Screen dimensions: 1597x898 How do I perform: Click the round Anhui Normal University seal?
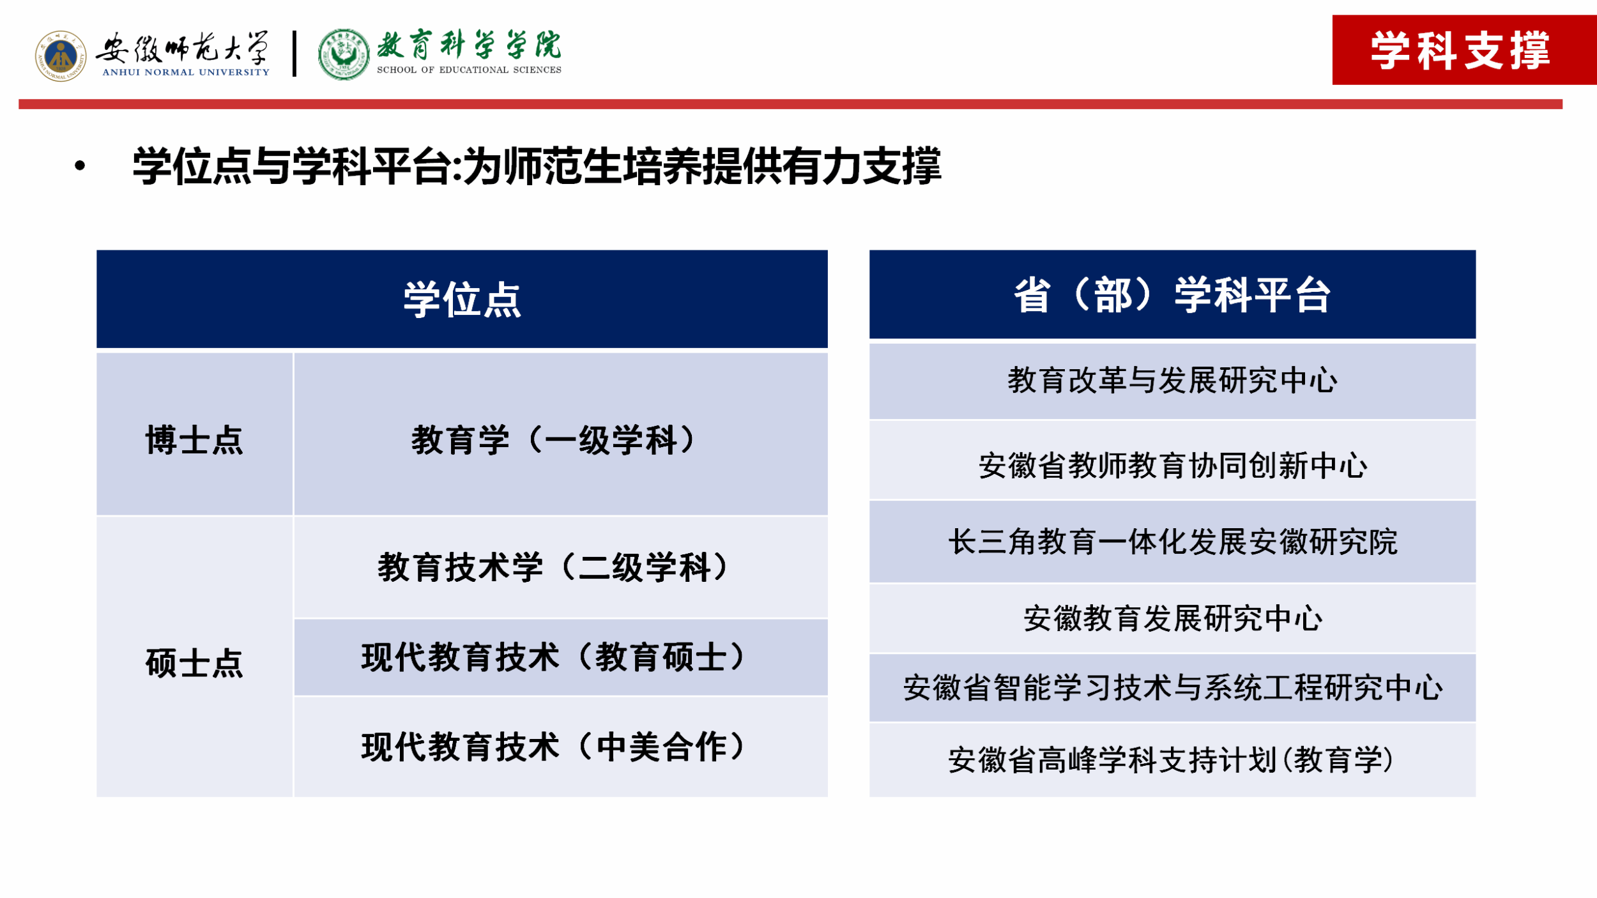61,56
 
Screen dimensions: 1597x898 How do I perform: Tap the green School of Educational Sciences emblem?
344,55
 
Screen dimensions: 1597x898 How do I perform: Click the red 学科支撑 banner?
1464,50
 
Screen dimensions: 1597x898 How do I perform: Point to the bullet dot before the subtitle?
80,166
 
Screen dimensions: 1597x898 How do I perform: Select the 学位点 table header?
462,299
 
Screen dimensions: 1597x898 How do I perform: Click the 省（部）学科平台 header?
1172,294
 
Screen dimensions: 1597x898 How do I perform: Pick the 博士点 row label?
194,440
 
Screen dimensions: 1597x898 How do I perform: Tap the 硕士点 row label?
194,663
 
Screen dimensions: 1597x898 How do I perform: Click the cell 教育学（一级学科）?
554,440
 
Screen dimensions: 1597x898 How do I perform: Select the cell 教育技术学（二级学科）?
554,567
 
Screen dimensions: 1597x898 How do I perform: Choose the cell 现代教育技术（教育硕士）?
554,657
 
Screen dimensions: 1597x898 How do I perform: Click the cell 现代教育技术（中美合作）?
554,747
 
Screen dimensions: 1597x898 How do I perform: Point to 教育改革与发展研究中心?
1172,381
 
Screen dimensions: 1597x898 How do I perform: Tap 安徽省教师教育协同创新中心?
1172,466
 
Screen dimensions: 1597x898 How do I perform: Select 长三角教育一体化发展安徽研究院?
1172,542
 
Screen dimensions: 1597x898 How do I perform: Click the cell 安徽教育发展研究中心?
1172,618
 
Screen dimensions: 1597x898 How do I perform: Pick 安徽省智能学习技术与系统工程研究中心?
1172,688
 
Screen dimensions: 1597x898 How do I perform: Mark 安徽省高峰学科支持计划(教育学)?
1172,760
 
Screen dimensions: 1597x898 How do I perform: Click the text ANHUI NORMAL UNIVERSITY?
186,72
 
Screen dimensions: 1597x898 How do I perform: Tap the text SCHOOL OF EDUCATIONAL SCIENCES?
469,70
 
